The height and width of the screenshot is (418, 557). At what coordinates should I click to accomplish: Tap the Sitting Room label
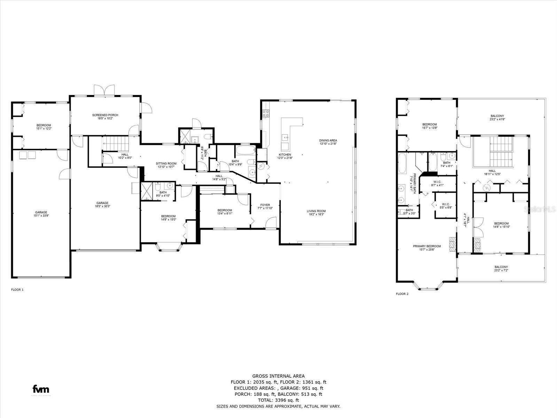pyautogui.click(x=166, y=165)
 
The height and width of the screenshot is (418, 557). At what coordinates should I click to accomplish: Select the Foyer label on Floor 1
pyautogui.click(x=265, y=207)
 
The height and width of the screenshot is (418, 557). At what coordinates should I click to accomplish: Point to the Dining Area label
pyautogui.click(x=328, y=142)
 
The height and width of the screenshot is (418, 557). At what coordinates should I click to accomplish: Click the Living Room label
pyautogui.click(x=316, y=212)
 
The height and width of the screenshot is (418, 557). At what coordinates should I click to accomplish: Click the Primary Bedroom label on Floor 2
pyautogui.click(x=427, y=248)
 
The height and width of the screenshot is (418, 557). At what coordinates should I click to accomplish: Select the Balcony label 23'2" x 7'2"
pyautogui.click(x=501, y=269)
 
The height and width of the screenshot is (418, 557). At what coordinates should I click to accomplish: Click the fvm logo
pyautogui.click(x=41, y=389)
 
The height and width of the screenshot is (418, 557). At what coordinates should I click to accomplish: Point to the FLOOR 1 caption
pyautogui.click(x=17, y=289)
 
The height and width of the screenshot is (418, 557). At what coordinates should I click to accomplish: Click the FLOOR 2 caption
pyautogui.click(x=402, y=294)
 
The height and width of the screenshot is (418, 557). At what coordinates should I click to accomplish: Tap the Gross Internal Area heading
pyautogui.click(x=278, y=376)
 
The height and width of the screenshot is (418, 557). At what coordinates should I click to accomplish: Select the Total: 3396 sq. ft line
pyautogui.click(x=278, y=400)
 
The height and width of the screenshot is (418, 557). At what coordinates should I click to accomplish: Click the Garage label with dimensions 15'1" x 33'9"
pyautogui.click(x=41, y=214)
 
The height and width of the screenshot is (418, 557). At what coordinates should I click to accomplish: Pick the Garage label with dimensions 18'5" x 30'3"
pyautogui.click(x=102, y=204)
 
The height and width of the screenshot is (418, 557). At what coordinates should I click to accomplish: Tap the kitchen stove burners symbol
pyautogui.click(x=266, y=113)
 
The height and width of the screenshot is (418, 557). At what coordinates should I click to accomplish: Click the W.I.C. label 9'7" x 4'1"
pyautogui.click(x=437, y=184)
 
